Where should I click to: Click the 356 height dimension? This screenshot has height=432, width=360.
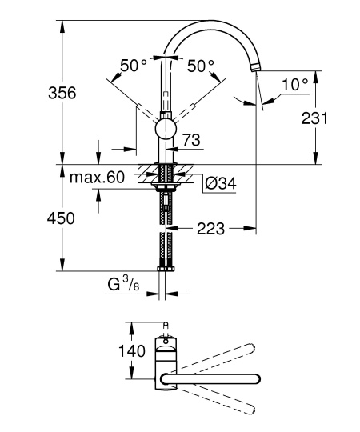coord(62,93)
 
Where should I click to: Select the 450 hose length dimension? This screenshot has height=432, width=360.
coord(61,218)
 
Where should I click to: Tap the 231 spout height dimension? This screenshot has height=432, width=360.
coord(314,118)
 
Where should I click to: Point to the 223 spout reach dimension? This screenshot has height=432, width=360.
coord(210,229)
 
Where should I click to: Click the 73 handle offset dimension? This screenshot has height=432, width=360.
coord(191,140)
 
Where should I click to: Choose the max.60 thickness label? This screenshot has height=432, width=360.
coord(97,177)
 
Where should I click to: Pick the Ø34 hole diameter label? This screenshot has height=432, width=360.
coord(221,183)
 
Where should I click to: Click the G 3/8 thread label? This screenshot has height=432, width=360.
coord(123,284)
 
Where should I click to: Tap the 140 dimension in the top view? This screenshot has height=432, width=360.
coord(132,351)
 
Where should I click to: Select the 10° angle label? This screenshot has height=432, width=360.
coord(295,84)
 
